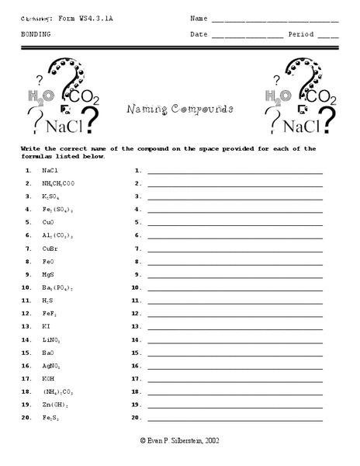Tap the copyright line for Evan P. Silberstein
pos(180,440)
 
